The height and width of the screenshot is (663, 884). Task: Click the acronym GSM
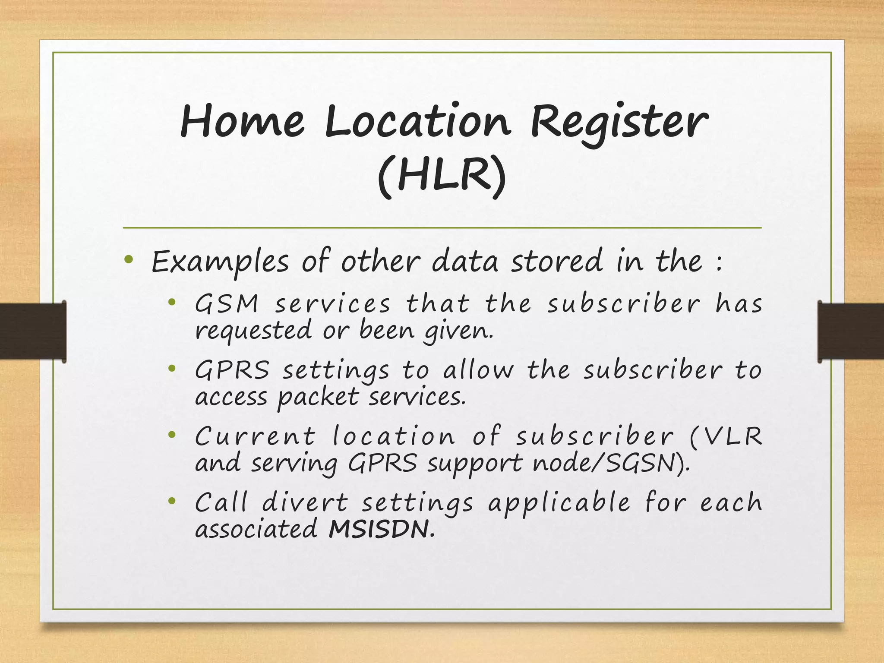[227, 303]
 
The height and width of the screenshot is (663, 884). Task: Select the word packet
[318, 397]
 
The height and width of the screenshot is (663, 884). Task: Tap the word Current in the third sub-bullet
[255, 436]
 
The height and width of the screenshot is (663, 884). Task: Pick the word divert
[305, 503]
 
